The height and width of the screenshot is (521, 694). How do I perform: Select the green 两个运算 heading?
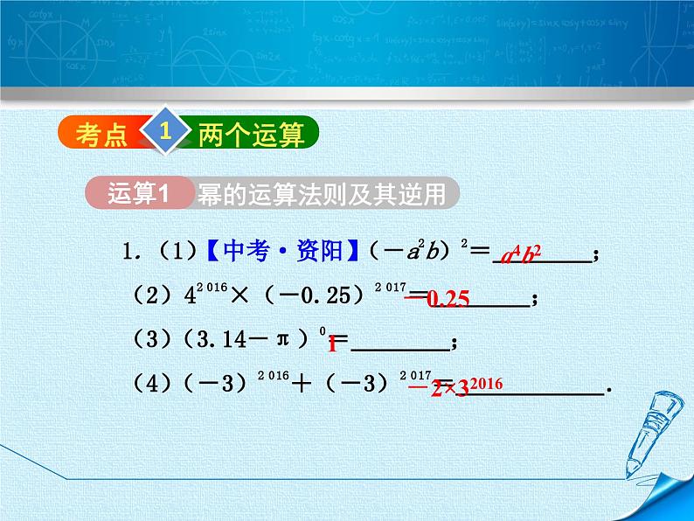point(250,135)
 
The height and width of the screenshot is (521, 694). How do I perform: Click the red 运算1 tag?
point(137,194)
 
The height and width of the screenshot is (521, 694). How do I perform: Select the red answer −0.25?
point(437,299)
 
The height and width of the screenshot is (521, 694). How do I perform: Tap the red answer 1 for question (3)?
point(332,344)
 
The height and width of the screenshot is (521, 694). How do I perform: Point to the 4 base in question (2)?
point(190,298)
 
